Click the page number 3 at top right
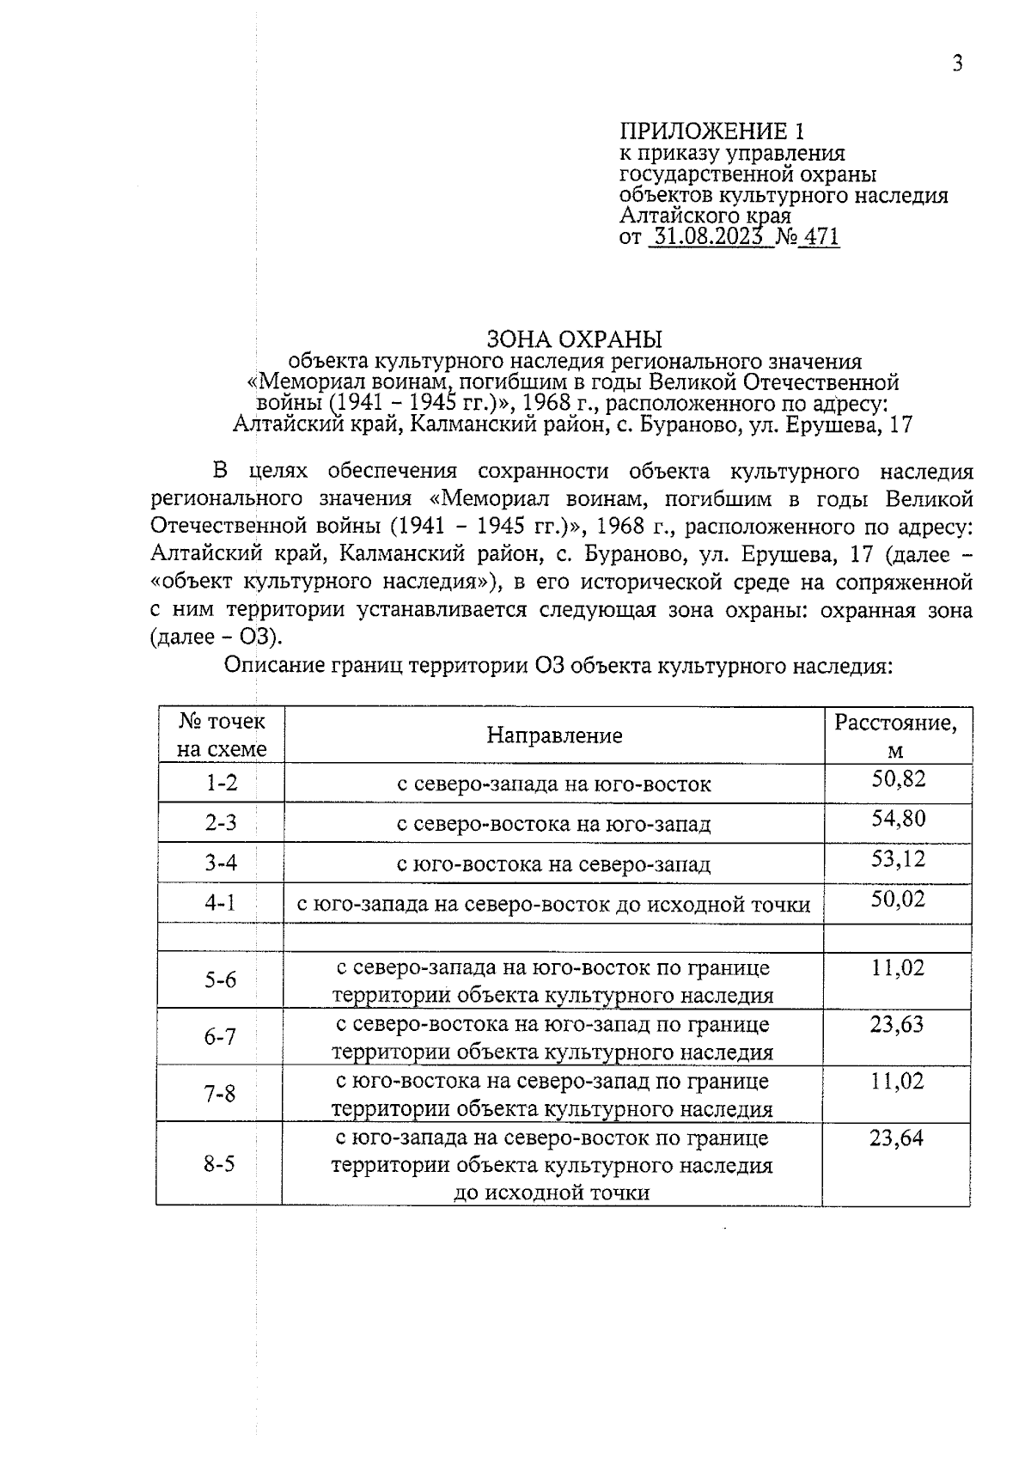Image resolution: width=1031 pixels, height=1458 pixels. [x=957, y=64]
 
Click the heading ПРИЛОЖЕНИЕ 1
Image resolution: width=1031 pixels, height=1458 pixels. [x=713, y=131]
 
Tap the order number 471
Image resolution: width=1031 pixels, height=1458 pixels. [x=821, y=237]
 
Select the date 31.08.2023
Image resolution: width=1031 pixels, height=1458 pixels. [x=707, y=237]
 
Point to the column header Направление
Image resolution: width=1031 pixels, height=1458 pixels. [x=554, y=735]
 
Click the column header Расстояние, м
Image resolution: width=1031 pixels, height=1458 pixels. [x=896, y=735]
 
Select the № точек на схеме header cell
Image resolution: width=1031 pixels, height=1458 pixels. [x=222, y=735]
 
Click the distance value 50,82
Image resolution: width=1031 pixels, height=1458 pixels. [x=898, y=778]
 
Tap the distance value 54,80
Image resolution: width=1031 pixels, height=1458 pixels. [x=898, y=818]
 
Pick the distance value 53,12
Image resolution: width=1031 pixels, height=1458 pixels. [x=898, y=857]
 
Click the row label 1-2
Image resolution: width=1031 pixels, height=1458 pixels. [x=221, y=784]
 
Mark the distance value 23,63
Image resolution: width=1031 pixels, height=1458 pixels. [x=897, y=1024]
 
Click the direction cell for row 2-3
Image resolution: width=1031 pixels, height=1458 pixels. [x=554, y=824]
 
